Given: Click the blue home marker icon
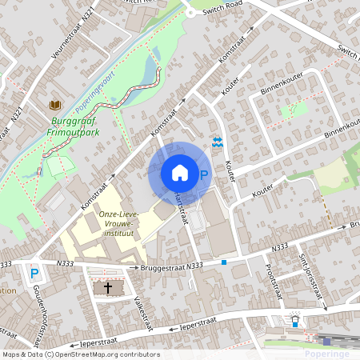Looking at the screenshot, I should pos(180,172).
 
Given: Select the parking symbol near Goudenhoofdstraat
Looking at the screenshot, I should pos(34,274).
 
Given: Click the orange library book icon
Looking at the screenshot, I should pos(54,106).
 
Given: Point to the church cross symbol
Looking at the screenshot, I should pos(108,287).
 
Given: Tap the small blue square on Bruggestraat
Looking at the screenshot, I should pos(225,262).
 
